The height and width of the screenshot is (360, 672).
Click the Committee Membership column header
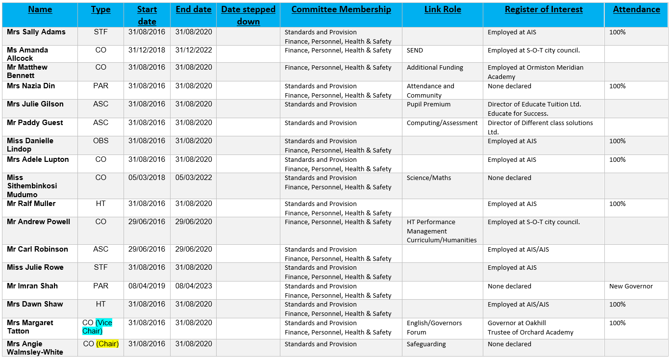click(341, 9)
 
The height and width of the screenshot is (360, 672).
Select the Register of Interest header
click(544, 9)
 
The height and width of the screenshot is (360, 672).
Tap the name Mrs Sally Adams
click(36, 32)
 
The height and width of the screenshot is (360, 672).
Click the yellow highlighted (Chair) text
click(107, 344)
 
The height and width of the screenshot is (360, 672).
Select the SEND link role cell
click(415, 50)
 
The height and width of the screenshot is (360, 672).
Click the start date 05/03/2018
click(147, 178)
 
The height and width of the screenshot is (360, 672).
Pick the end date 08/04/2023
click(194, 286)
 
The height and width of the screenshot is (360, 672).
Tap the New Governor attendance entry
click(631, 286)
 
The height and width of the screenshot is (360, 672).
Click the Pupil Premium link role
click(428, 104)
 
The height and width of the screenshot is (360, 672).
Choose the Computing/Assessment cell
click(442, 123)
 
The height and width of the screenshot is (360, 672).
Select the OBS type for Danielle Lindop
click(100, 141)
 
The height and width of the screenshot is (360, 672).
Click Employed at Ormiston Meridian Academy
click(535, 72)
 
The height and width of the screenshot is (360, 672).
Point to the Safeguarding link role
click(426, 344)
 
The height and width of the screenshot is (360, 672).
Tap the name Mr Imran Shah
click(32, 286)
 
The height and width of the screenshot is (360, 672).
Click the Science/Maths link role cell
click(429, 178)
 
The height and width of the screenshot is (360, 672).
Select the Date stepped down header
click(248, 15)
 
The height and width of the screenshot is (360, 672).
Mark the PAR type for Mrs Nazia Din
click(100, 86)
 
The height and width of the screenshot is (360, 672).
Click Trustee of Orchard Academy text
click(530, 332)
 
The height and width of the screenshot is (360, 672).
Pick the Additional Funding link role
click(435, 67)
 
